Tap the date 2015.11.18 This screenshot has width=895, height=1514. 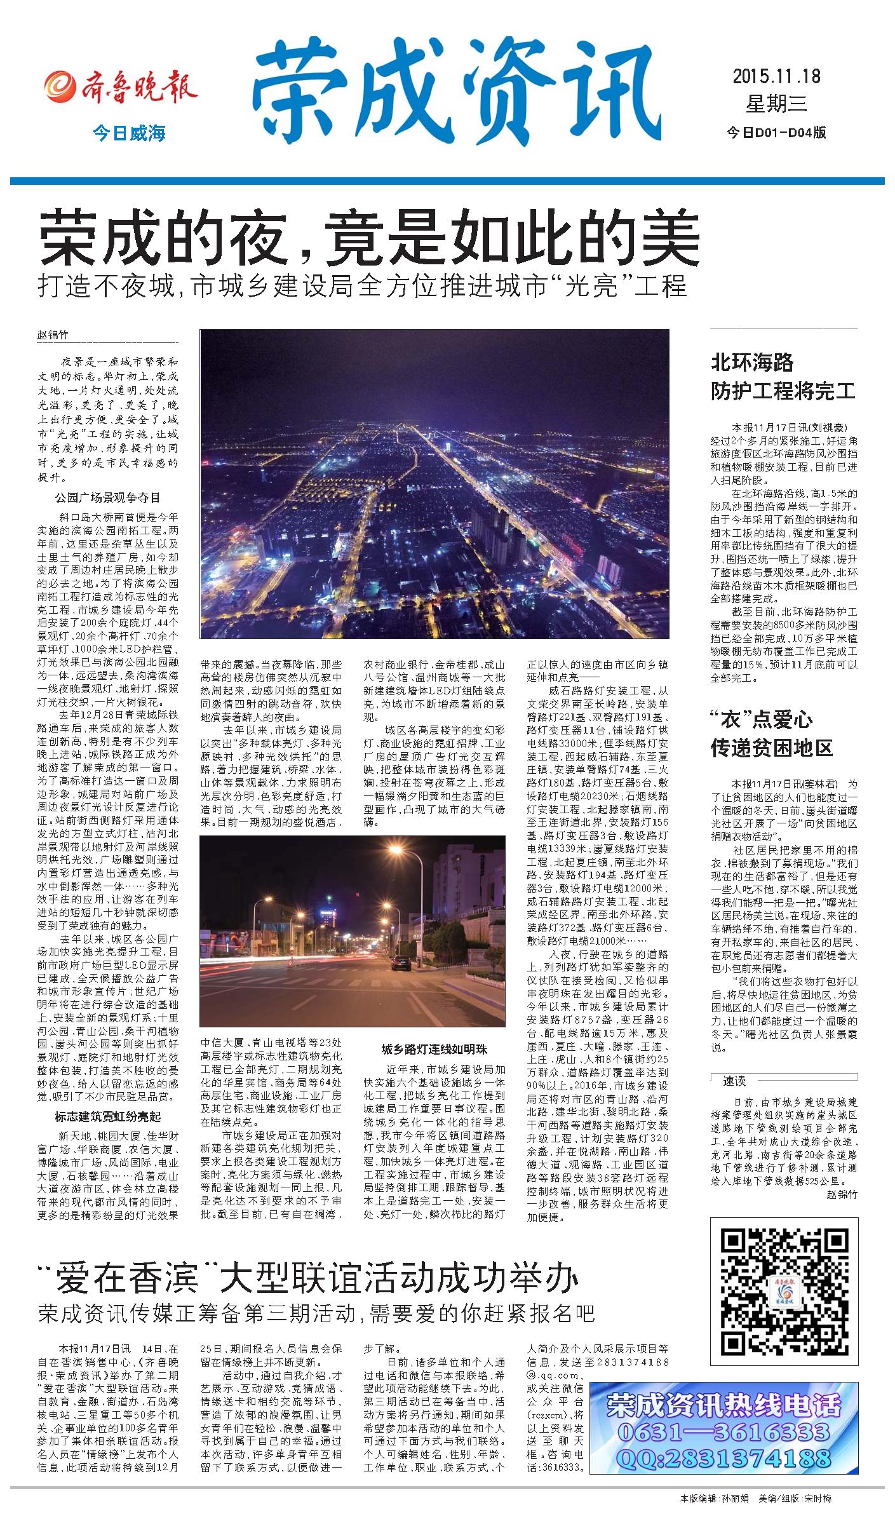(x=776, y=77)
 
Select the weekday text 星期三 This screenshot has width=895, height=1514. (x=776, y=104)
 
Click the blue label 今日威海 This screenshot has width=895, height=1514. (x=129, y=133)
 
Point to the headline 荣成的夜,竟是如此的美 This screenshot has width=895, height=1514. (x=370, y=240)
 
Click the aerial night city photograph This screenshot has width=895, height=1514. (x=434, y=483)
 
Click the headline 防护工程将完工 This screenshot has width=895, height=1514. (x=783, y=391)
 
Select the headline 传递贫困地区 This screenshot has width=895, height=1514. (x=771, y=748)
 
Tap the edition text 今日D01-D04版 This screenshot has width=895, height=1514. (x=776, y=132)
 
